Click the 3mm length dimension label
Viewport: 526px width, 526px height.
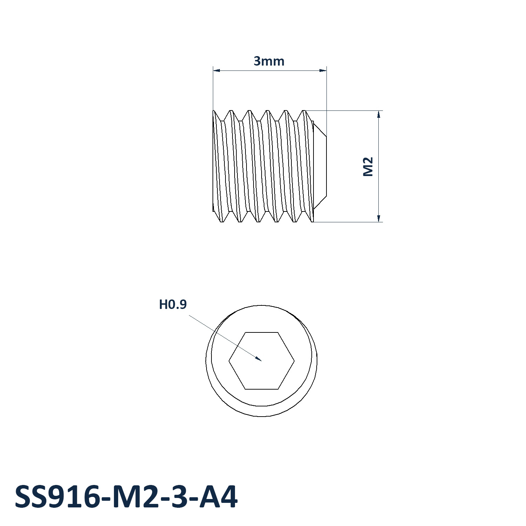(269, 61)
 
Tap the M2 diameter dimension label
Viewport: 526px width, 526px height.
(368, 167)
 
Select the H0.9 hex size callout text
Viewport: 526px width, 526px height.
(173, 304)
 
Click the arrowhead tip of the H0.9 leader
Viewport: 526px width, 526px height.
(262, 360)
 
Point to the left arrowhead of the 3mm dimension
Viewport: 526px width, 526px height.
(214, 70)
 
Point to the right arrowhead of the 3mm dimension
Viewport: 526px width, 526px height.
(326, 70)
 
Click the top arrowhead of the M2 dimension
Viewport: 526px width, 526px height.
(379, 111)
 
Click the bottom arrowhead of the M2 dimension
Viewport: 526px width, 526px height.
(379, 222)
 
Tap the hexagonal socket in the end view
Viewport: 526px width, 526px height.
(262, 360)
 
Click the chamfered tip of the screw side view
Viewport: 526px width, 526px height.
(320, 167)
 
